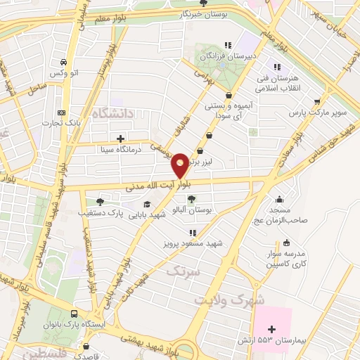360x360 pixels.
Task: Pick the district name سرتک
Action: tap(184, 269)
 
